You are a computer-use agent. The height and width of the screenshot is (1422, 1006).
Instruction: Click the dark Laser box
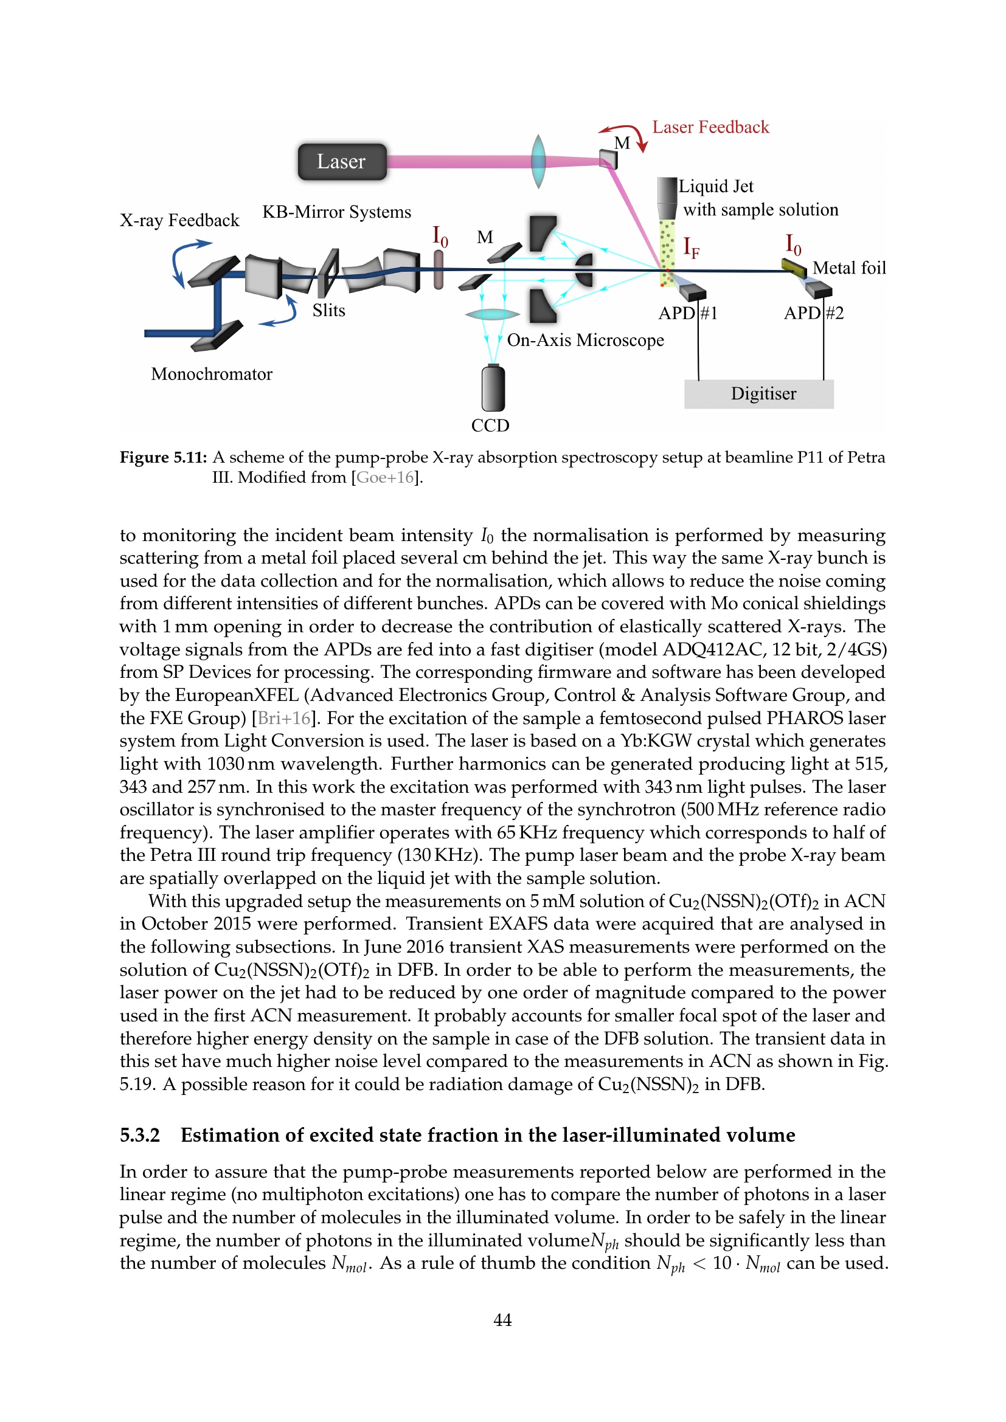[342, 162]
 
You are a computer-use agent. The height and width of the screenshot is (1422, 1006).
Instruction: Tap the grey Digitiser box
[758, 394]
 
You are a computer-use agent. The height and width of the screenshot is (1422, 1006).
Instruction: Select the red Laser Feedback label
[710, 128]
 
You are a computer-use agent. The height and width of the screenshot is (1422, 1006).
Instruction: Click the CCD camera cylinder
[493, 388]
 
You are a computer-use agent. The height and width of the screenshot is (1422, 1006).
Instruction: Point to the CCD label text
[490, 426]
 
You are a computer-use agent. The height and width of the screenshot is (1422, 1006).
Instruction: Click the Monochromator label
[211, 374]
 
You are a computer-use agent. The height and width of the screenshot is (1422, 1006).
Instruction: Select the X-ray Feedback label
[179, 221]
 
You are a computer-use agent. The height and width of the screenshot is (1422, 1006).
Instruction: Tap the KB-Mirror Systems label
[336, 212]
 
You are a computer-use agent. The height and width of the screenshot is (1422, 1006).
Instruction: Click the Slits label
[328, 310]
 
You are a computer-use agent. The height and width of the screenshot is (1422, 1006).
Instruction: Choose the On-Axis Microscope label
[585, 340]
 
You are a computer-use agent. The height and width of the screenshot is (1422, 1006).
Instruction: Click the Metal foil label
[848, 268]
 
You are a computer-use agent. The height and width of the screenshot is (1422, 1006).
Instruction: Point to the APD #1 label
[688, 312]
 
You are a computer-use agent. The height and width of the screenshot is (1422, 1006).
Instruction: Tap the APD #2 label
[813, 312]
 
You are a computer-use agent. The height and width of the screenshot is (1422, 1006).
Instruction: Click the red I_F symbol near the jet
[691, 247]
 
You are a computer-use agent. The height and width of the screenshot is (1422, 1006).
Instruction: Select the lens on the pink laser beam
[538, 162]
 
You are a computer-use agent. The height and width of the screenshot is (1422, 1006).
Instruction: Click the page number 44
[502, 1320]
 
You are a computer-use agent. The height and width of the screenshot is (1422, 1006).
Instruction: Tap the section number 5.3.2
[139, 1134]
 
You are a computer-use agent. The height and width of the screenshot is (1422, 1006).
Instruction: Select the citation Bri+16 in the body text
[283, 718]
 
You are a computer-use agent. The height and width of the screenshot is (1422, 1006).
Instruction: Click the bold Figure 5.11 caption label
[163, 457]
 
